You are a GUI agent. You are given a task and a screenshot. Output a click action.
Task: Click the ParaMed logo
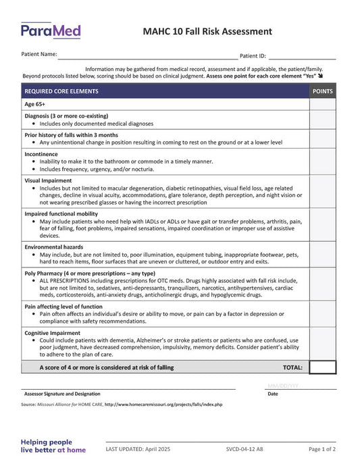[x=51, y=30]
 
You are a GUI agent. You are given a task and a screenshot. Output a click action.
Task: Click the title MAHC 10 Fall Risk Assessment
[x=207, y=32]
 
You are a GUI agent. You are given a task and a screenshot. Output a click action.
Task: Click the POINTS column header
[x=322, y=90]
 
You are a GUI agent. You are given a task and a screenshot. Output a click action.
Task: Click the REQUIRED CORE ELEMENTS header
[x=61, y=90]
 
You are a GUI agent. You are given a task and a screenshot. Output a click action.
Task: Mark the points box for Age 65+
[x=322, y=105]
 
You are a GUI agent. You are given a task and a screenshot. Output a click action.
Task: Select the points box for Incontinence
[x=322, y=162]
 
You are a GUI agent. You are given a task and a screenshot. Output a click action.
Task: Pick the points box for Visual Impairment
[x=322, y=192]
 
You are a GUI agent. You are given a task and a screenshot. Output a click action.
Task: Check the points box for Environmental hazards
[x=322, y=255]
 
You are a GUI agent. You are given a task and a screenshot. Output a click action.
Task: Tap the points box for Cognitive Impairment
[x=322, y=344]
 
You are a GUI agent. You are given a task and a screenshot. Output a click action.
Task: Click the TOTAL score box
[x=322, y=367]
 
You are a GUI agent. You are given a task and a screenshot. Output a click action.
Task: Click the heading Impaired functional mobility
[x=61, y=213]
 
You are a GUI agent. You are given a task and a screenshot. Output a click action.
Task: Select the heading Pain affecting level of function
[x=63, y=306]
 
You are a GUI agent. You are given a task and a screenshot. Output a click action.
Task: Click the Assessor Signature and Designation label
[x=62, y=394]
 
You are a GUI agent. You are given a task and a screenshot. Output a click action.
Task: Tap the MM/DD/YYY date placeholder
[x=283, y=386]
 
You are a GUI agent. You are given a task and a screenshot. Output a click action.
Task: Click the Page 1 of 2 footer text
[x=322, y=449]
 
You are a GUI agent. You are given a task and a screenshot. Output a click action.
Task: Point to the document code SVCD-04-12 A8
[x=245, y=449]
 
